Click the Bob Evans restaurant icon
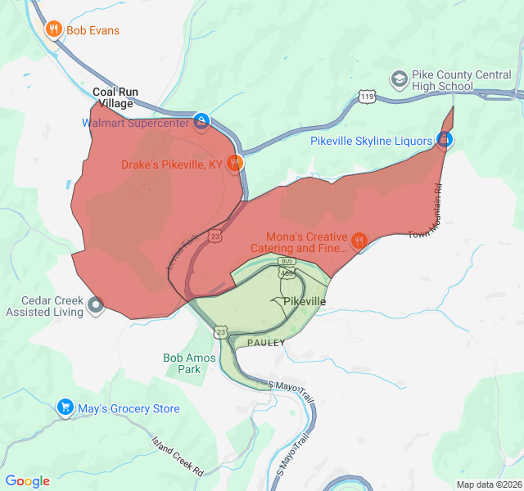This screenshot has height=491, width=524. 54,30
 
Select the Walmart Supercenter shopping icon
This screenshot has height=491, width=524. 201,123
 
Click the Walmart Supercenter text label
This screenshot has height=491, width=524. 136,124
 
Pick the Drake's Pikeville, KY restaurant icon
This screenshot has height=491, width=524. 234,164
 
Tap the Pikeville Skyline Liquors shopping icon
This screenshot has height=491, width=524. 444,141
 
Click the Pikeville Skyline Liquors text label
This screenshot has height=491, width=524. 371,141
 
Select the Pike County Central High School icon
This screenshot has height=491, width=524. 400,79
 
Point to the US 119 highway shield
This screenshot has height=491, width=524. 368,97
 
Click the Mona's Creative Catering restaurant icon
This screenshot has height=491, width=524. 359,241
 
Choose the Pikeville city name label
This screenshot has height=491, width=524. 305,302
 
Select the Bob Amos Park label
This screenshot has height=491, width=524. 189,363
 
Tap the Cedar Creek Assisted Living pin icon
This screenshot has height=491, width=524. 96,306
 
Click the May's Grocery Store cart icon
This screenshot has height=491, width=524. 65,408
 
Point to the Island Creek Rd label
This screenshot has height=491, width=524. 177,456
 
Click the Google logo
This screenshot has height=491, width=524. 27,481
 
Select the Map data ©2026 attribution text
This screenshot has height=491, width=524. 488,484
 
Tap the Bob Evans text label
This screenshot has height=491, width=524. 93,30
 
